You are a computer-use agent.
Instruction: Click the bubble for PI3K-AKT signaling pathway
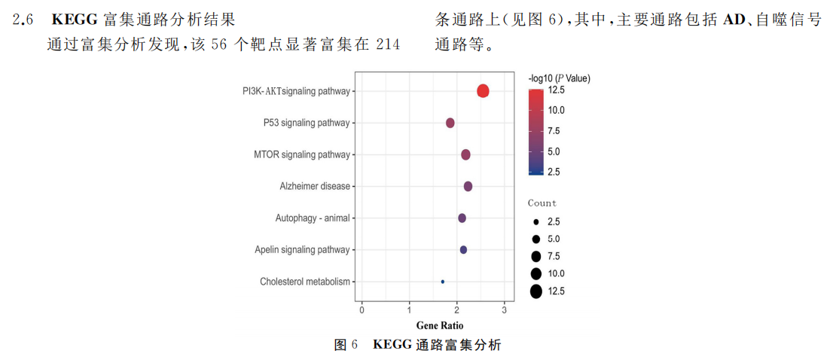pyautogui.click(x=483, y=91)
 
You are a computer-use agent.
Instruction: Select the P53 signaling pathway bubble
pyautogui.click(x=450, y=123)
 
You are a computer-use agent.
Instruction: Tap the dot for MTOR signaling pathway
pyautogui.click(x=465, y=154)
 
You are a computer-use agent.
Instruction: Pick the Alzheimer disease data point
pyautogui.click(x=468, y=186)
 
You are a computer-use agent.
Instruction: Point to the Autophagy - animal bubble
pyautogui.click(x=462, y=218)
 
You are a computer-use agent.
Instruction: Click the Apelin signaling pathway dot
pyautogui.click(x=463, y=249)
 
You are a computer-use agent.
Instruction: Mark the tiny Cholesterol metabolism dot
pyautogui.click(x=443, y=282)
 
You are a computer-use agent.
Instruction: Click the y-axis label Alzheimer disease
pyautogui.click(x=315, y=186)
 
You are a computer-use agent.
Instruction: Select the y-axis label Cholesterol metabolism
pyautogui.click(x=305, y=282)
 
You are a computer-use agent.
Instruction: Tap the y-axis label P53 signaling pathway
pyautogui.click(x=307, y=123)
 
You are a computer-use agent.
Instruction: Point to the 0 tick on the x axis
pyautogui.click(x=362, y=310)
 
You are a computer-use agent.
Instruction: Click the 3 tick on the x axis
pyautogui.click(x=503, y=310)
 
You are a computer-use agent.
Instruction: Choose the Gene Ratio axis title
pyautogui.click(x=440, y=325)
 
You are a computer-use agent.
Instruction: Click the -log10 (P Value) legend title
pyautogui.click(x=559, y=78)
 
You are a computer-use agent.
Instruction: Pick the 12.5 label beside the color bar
pyautogui.click(x=557, y=90)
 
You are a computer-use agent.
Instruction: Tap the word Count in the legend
pyautogui.click(x=542, y=203)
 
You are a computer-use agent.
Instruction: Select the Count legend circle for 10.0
pyautogui.click(x=535, y=273)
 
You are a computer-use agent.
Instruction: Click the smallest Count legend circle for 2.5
pyautogui.click(x=535, y=222)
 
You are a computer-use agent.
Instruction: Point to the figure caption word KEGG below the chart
pyautogui.click(x=392, y=345)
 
